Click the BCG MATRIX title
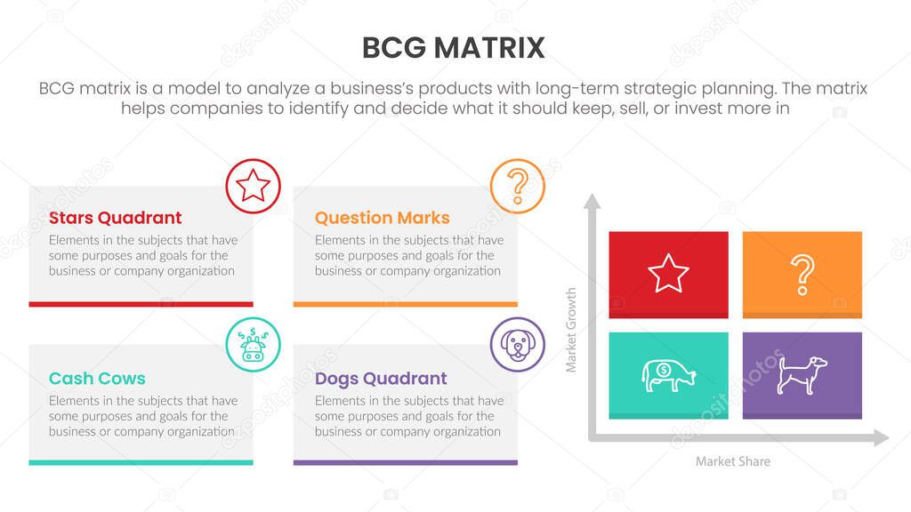coord(454,48)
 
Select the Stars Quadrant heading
coord(115,218)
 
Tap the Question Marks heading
coord(383,218)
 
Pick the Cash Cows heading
coord(97,378)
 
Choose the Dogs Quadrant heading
coord(381,378)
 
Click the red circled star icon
coord(254,187)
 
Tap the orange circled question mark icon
coord(517,187)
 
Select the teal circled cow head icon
coord(254,345)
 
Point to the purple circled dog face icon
coord(517,345)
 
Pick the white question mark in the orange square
coord(802,274)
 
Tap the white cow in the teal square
coord(668,374)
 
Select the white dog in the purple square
coord(802,373)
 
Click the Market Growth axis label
coord(571,330)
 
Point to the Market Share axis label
coord(733,461)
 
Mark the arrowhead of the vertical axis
coord(592,202)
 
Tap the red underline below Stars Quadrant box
coord(141,304)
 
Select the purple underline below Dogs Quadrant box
coord(405,462)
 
